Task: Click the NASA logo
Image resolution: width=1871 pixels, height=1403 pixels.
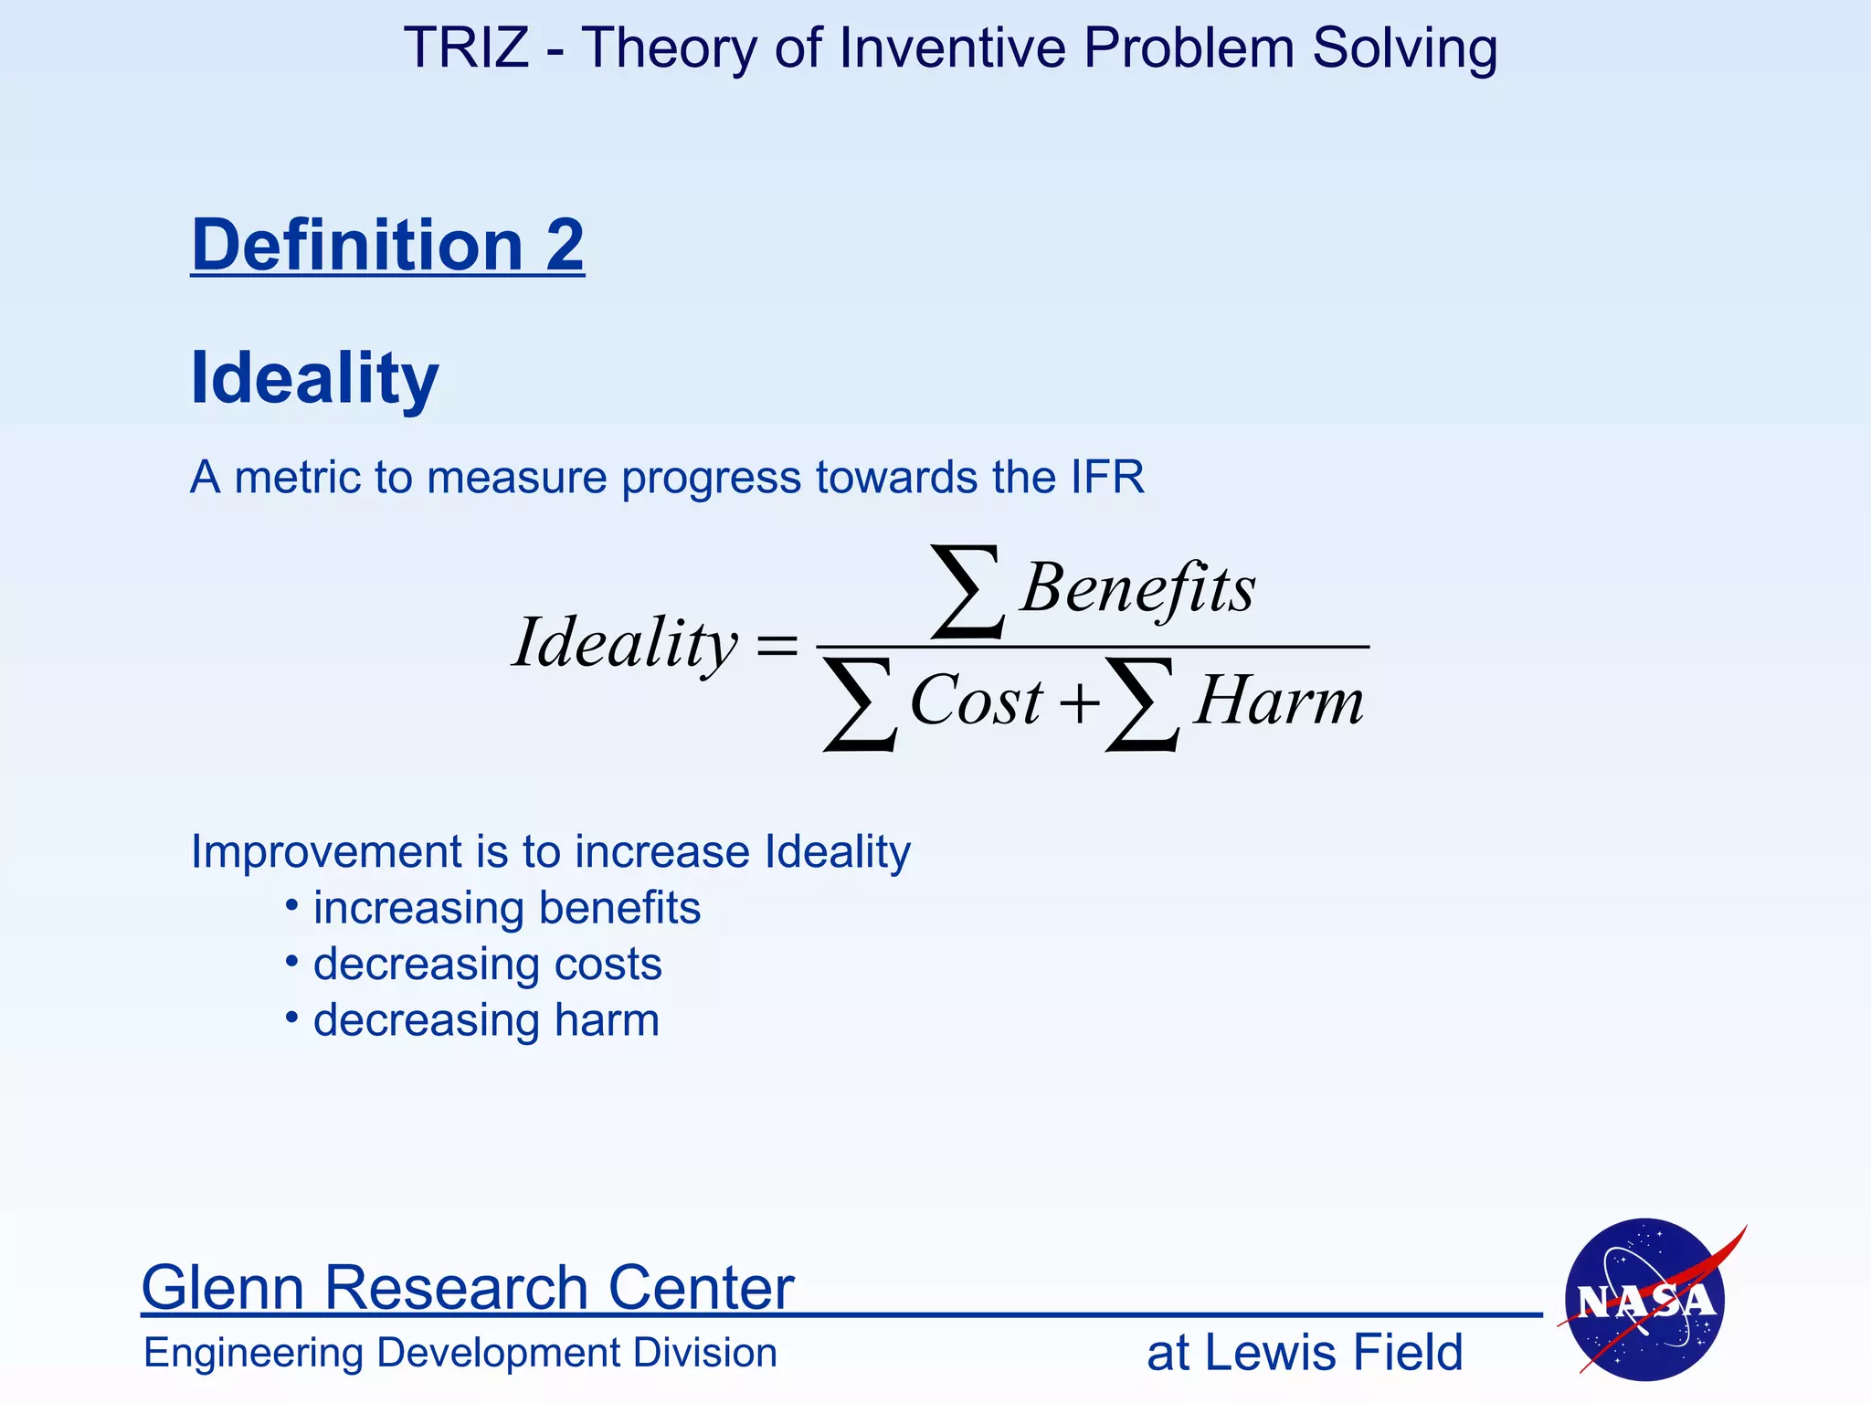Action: tap(1645, 1299)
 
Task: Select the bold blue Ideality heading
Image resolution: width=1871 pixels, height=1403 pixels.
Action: tap(314, 377)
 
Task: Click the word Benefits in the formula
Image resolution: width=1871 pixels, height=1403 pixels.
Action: tap(1138, 588)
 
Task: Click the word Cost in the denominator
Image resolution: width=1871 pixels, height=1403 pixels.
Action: tap(976, 701)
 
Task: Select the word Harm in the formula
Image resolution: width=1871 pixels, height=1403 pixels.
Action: tap(1278, 701)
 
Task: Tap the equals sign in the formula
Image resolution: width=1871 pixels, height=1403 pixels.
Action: tap(777, 646)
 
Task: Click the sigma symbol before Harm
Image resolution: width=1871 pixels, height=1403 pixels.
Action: tap(1141, 705)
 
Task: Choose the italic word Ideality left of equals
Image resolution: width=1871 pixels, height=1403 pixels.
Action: tap(625, 643)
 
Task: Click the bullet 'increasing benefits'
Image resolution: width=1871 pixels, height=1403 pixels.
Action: tap(506, 908)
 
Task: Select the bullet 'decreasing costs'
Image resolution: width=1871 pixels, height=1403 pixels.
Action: tap(487, 965)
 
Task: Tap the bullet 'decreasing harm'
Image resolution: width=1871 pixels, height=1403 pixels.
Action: tap(485, 1020)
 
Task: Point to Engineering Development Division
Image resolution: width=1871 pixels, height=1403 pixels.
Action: tap(460, 1353)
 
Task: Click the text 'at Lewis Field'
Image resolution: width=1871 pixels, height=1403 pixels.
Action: tap(1304, 1353)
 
